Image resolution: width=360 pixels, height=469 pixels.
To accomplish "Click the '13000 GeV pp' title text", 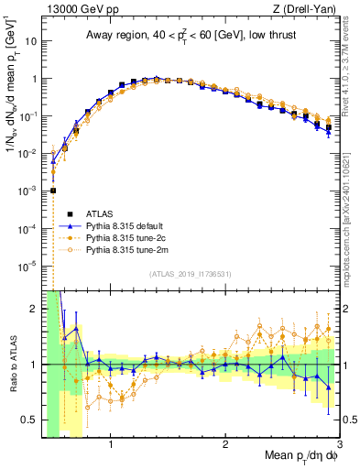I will click(x=80, y=9).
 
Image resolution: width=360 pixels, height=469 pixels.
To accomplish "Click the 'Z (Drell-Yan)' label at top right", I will click(x=308, y=9).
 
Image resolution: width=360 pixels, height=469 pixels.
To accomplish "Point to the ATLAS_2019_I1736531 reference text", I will click(x=191, y=274).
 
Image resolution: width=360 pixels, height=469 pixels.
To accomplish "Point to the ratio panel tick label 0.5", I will click(x=29, y=420).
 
